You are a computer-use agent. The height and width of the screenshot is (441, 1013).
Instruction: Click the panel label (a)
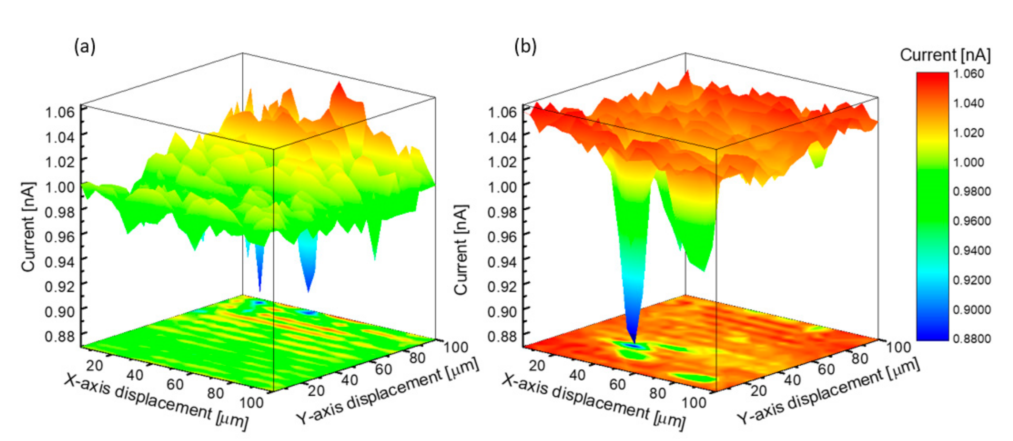click(84, 47)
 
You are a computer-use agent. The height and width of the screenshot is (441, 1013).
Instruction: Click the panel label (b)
click(525, 47)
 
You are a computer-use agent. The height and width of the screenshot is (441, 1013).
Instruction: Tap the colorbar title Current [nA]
click(945, 55)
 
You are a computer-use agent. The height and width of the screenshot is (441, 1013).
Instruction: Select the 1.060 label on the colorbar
click(968, 73)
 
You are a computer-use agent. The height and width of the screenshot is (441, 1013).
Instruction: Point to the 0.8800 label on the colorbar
click(972, 338)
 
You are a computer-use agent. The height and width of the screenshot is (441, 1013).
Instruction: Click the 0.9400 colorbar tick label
click(972, 250)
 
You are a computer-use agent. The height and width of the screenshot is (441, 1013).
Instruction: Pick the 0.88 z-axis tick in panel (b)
click(502, 336)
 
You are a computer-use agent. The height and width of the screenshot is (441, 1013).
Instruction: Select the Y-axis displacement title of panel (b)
click(828, 391)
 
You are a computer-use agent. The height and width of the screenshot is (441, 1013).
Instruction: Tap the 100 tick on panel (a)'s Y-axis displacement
click(456, 347)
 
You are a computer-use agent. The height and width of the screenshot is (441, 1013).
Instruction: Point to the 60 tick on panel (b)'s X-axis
click(617, 384)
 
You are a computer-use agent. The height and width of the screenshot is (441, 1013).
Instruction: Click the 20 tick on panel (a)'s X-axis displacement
click(95, 365)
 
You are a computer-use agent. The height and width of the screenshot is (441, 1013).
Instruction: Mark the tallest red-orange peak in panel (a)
click(338, 84)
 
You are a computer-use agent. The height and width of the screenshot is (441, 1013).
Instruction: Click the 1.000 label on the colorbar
click(968, 162)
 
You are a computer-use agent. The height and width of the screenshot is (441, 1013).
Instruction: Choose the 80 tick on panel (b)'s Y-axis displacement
click(859, 358)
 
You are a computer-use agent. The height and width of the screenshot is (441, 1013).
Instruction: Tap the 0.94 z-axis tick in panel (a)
click(60, 261)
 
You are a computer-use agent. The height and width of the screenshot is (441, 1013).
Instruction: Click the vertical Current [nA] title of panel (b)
click(461, 249)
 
